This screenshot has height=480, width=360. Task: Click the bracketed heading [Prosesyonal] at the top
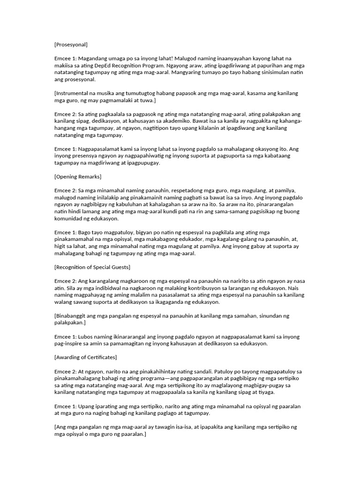click(x=71, y=45)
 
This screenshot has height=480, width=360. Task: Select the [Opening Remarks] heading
click(x=78, y=177)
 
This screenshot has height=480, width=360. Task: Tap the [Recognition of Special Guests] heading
click(x=92, y=267)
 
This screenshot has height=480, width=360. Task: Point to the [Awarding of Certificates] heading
click(x=86, y=358)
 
